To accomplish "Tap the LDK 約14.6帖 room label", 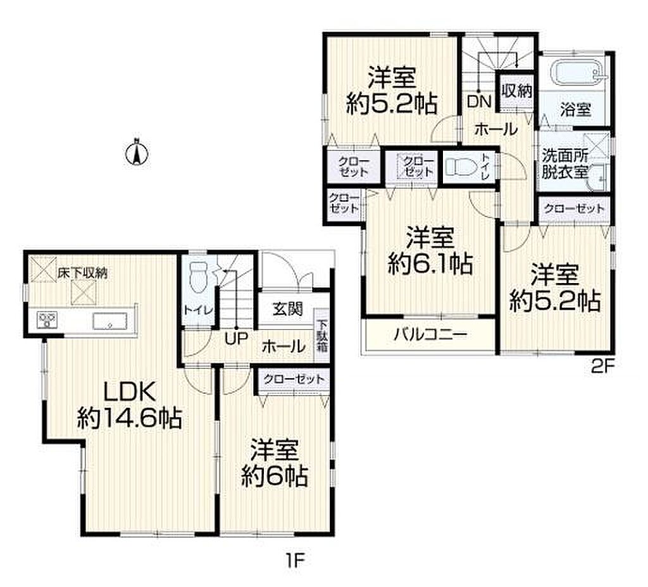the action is coord(129,405).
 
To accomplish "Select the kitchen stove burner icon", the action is coord(47,320).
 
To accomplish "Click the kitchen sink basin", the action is coord(109,320).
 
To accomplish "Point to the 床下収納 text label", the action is coord(82,273).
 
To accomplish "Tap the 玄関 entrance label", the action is coord(288,308).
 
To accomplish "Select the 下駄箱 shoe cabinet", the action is coord(322,336).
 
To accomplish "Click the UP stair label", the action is coord(237,339).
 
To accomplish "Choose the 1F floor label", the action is coord(295,560).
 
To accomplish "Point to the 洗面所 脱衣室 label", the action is coord(565,164).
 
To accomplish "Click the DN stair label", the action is coord(479,101).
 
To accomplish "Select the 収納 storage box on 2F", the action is coord(516,91).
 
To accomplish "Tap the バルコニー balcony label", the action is coord(430,334).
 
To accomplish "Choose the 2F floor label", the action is coord(603,367).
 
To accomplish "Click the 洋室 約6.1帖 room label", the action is coord(430,250).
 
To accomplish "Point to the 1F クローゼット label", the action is coord(294,379).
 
